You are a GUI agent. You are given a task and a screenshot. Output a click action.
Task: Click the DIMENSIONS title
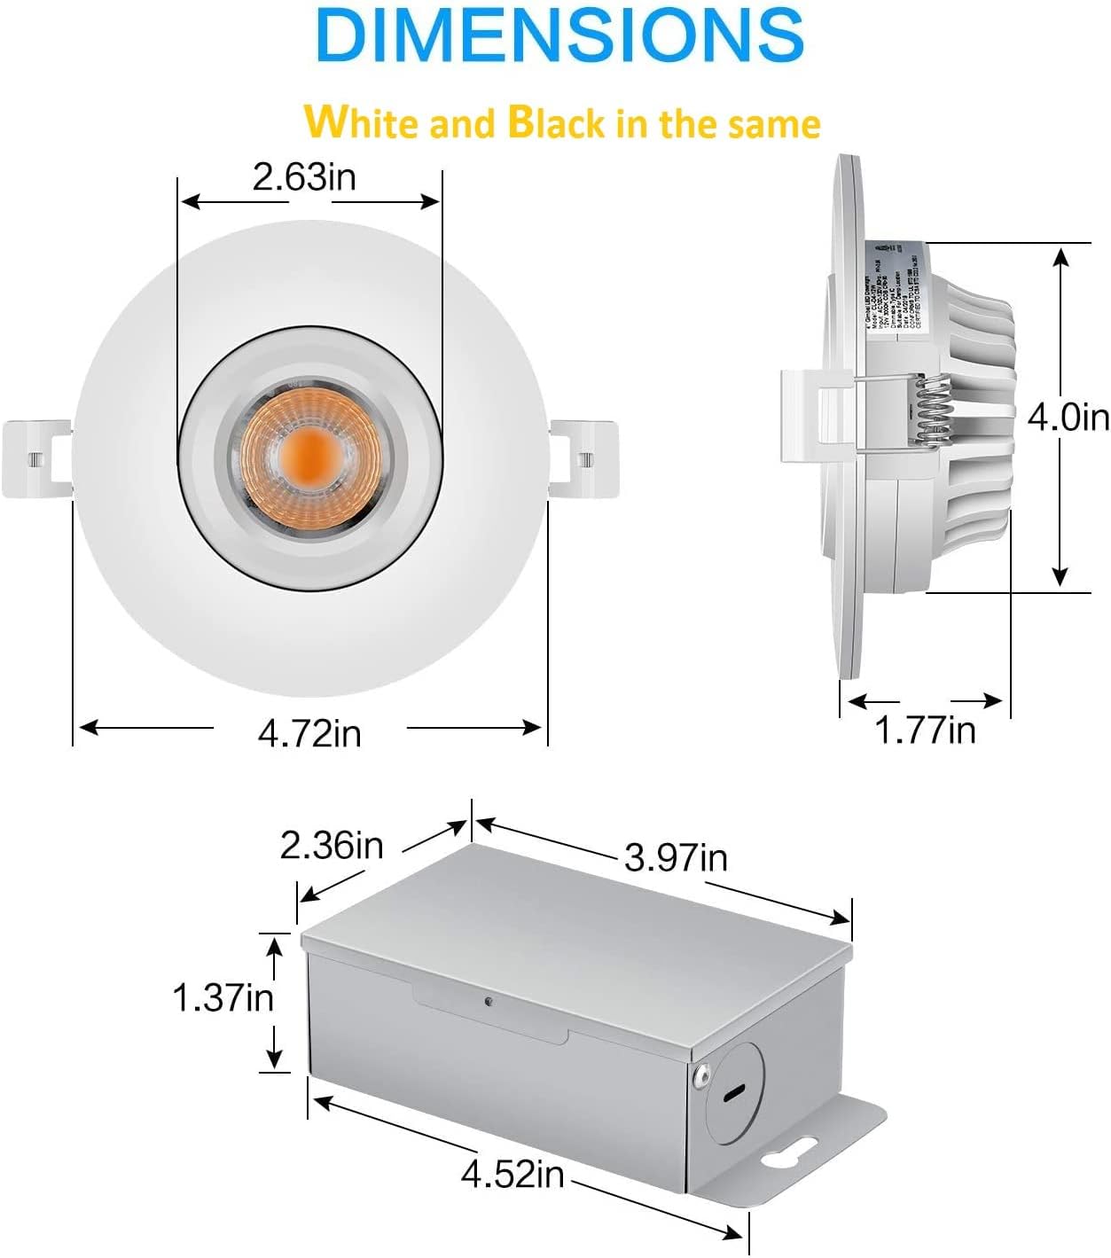[559, 35]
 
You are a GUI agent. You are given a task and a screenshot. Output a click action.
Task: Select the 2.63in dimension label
[304, 176]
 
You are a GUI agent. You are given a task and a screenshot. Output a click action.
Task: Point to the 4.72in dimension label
[309, 732]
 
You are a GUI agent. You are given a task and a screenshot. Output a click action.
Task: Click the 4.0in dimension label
[1068, 416]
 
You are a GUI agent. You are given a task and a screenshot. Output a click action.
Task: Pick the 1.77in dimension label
[925, 731]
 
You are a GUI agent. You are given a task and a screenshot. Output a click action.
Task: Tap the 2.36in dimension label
[332, 845]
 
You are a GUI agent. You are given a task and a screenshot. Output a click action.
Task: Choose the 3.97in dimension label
[676, 857]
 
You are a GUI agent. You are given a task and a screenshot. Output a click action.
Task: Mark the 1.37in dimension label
[223, 998]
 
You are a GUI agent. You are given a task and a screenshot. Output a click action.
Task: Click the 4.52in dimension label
[512, 1175]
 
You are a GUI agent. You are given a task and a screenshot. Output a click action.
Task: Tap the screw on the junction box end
[703, 1075]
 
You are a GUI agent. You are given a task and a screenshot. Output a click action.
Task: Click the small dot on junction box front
[488, 1002]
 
